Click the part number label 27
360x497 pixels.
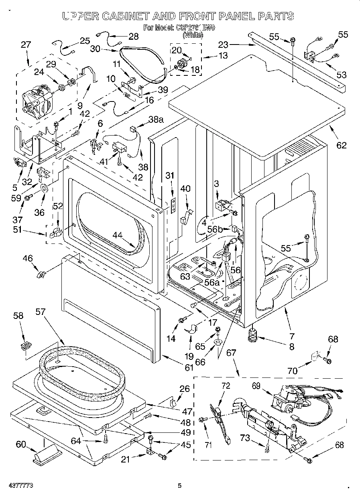pyautogui.click(x=26, y=45)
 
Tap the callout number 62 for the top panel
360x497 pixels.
pyautogui.click(x=341, y=145)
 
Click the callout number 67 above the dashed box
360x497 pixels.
pyautogui.click(x=231, y=353)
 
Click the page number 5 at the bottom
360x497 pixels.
pyautogui.click(x=179, y=486)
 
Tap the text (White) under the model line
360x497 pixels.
pyautogui.click(x=193, y=35)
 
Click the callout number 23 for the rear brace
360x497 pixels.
pyautogui.click(x=223, y=45)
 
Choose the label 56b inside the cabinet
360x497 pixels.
pyautogui.click(x=215, y=229)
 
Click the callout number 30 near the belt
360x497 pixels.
pyautogui.click(x=95, y=49)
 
